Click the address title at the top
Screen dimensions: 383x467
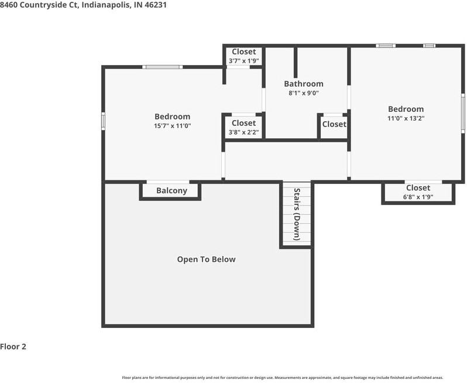pos(79,5)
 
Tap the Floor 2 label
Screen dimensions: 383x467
pos(13,346)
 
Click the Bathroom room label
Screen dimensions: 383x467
pos(303,84)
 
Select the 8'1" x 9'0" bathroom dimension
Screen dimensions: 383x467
pos(303,93)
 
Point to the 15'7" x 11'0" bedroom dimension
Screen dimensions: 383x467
pos(172,126)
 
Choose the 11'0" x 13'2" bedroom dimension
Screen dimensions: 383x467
pos(406,118)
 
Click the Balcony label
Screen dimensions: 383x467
pos(171,191)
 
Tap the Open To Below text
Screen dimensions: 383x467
pos(206,259)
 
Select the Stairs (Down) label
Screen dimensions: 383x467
pos(297,214)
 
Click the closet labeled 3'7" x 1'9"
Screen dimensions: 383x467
pos(243,56)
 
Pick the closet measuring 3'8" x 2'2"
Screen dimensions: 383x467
pos(243,127)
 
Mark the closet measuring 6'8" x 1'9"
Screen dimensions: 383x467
pos(418,192)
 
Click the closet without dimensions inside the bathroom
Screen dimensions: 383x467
pos(334,124)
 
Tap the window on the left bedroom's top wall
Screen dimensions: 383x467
pos(163,67)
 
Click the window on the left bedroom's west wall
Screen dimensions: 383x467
pos(104,120)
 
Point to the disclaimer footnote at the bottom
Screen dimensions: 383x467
pos(282,378)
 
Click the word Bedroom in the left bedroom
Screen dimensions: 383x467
pos(172,117)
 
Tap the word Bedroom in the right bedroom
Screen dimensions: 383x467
pos(406,109)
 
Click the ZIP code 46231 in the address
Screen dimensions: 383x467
pos(146,5)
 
